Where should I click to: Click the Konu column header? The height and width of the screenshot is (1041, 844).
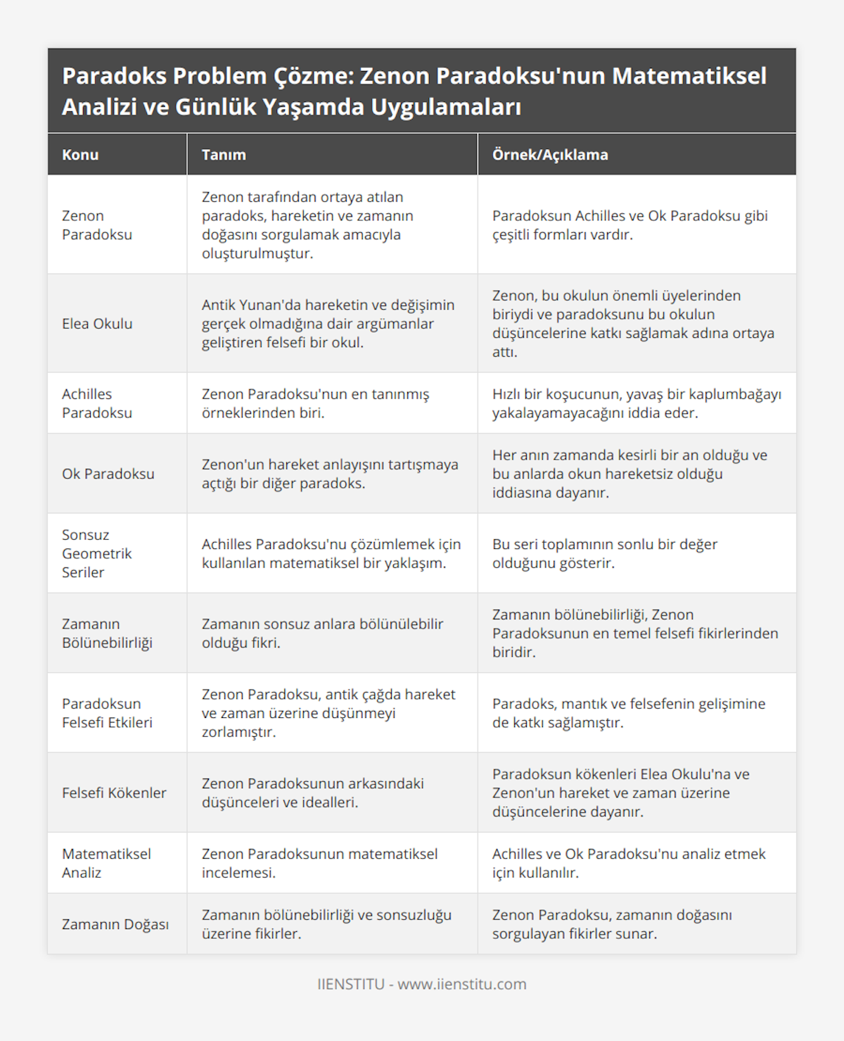(x=80, y=155)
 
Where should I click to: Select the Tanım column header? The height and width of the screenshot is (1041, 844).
(x=224, y=155)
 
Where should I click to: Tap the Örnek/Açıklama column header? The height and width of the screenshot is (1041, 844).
(x=550, y=155)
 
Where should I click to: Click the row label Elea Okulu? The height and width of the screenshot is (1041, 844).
(x=97, y=324)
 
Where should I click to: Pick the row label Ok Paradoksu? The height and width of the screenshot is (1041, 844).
(x=108, y=474)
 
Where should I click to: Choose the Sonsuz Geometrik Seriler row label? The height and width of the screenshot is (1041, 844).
(x=97, y=553)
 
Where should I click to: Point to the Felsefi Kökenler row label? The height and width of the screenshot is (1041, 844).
(x=114, y=793)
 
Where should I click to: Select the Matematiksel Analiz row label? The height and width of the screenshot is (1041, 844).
(x=106, y=863)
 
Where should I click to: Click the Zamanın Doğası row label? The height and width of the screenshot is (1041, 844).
(x=115, y=924)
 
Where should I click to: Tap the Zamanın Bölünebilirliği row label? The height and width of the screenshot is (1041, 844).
(x=107, y=633)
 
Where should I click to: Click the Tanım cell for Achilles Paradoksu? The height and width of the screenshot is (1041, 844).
(x=315, y=403)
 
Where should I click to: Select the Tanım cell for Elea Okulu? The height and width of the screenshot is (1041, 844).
(x=328, y=324)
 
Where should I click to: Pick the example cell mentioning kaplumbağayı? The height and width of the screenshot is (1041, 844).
(x=637, y=403)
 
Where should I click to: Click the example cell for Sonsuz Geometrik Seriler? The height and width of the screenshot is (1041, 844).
(x=605, y=553)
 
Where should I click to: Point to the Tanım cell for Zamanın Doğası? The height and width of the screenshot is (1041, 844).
(x=326, y=924)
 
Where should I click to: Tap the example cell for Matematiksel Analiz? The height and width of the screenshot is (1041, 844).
(x=629, y=863)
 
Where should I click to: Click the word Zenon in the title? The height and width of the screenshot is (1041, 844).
(x=393, y=76)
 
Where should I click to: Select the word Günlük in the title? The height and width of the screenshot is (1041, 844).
(x=215, y=107)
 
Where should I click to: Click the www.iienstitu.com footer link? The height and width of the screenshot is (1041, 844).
(x=462, y=984)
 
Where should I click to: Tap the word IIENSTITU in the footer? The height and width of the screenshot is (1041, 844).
(x=350, y=984)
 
